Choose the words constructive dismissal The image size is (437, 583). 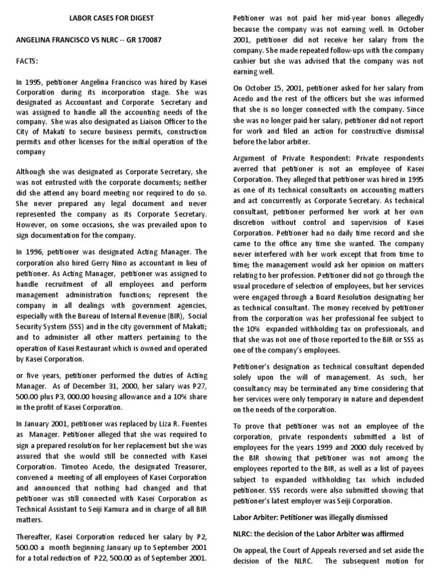378,131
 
